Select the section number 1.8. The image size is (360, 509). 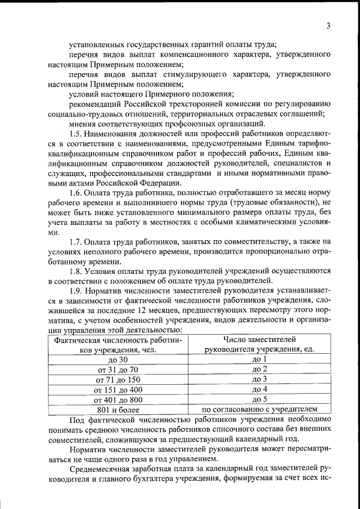click(x=78, y=271)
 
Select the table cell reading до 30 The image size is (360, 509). click(x=118, y=359)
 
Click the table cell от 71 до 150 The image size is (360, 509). click(x=118, y=380)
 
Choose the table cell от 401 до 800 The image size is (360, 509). click(x=118, y=399)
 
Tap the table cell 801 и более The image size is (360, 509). click(x=118, y=409)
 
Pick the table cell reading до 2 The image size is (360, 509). click(x=259, y=370)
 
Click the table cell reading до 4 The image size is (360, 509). click(x=259, y=389)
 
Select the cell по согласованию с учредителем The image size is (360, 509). click(x=259, y=409)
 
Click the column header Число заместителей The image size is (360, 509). click(x=259, y=339)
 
